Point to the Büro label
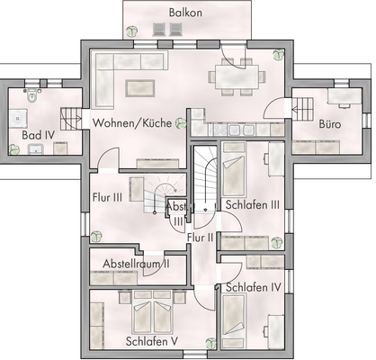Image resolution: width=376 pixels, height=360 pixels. (x=331, y=120)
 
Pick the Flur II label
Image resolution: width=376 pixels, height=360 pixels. (x=201, y=237)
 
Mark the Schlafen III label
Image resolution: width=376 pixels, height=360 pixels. (x=253, y=204)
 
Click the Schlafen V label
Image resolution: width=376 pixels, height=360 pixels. (x=152, y=341)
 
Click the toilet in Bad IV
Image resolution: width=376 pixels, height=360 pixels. (x=31, y=95)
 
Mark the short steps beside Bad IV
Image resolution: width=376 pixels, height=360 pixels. (x=70, y=116)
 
